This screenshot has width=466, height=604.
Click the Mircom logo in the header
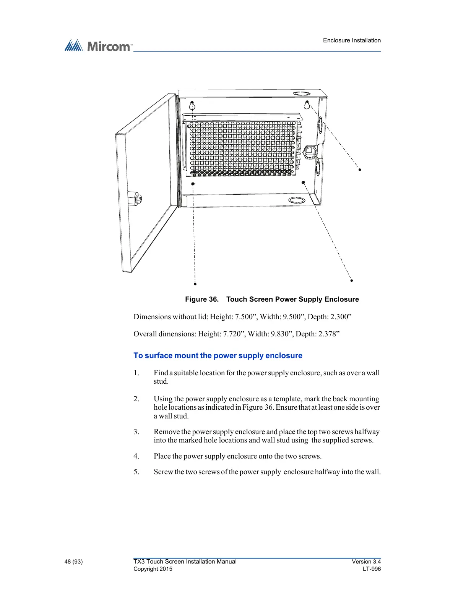(x=98, y=46)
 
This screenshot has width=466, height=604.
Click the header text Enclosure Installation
(x=352, y=40)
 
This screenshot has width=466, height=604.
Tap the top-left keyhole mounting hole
(x=192, y=105)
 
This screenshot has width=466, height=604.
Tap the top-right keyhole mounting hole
(x=307, y=105)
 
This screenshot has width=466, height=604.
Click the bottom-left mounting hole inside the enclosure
(x=193, y=184)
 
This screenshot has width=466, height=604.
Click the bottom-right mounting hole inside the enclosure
(x=303, y=182)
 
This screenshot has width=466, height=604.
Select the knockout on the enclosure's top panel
(x=301, y=94)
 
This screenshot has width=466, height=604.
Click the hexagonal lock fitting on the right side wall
(x=309, y=152)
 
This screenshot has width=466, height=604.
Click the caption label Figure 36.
(x=201, y=299)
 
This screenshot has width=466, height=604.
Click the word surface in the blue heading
(x=158, y=356)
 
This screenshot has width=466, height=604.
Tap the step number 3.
(x=136, y=432)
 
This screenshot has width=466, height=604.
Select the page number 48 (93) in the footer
(x=73, y=562)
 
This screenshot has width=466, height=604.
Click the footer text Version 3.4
(x=366, y=562)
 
